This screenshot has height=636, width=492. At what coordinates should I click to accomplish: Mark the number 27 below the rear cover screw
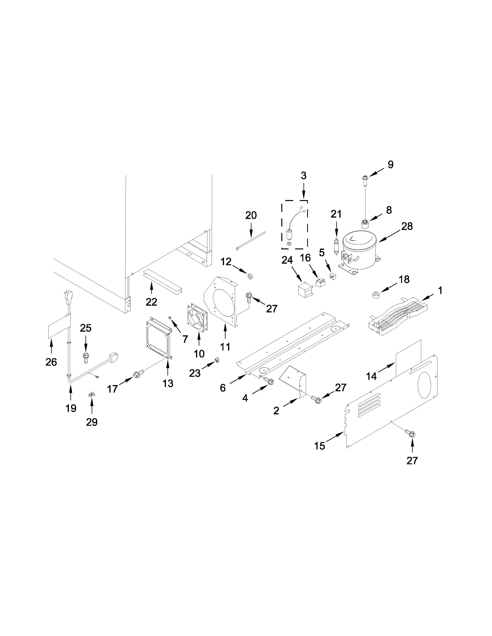coord(412,460)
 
